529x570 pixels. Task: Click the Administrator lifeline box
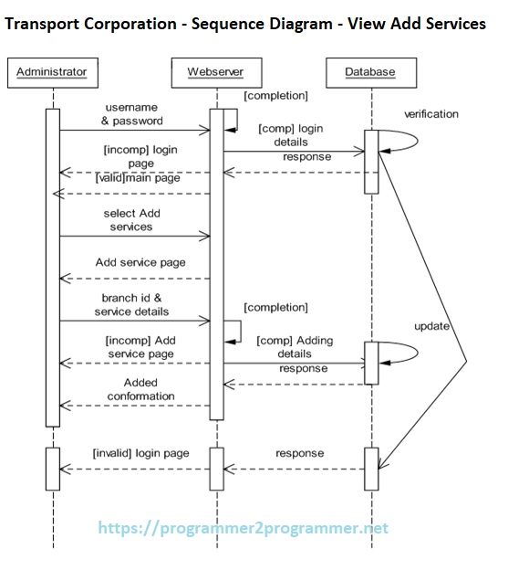point(52,71)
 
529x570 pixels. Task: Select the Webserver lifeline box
point(215,71)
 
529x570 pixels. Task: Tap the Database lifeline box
point(369,71)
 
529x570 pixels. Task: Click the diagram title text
point(245,24)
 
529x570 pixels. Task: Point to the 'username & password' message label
point(131,114)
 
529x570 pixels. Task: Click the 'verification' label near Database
point(431,114)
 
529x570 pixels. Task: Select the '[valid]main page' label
point(138,178)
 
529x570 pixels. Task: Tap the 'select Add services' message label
point(131,219)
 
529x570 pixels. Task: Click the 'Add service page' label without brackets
point(140,262)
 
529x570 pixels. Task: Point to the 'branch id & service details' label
point(131,304)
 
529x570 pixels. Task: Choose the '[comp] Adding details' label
point(295,347)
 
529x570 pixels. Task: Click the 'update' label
point(431,325)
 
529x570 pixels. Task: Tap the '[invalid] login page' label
point(140,453)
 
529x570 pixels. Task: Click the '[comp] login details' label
point(291,135)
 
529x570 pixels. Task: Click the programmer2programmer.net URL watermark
point(243,528)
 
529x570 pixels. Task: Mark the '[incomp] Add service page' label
point(140,347)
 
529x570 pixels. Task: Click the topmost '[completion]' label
point(275,95)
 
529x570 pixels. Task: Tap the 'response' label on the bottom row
point(299,453)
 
